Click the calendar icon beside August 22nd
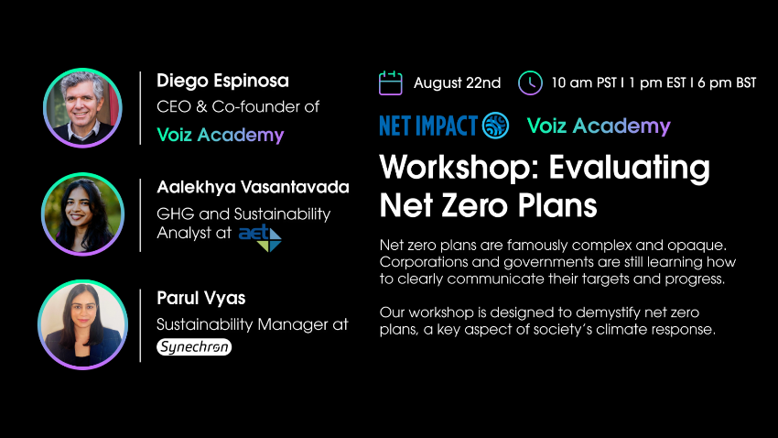391,83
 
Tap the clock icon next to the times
530,83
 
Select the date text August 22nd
458,83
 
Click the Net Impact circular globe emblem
495,126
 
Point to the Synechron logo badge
194,346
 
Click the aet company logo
260,237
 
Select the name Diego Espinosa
222,81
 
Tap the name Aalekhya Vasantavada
253,187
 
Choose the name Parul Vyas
201,298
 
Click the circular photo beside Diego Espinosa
83,108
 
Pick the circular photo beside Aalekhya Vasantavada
83,214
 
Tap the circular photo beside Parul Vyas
83,324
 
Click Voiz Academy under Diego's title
221,135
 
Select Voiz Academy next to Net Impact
599,126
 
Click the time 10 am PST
584,82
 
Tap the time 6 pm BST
727,82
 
